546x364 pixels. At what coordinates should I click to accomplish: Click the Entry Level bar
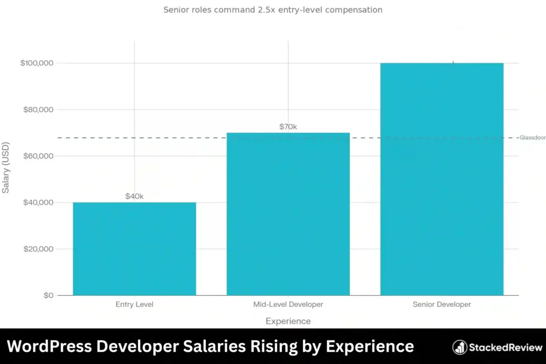click(134, 248)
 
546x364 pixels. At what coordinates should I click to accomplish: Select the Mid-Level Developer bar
click(288, 214)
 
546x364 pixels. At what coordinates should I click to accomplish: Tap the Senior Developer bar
click(441, 179)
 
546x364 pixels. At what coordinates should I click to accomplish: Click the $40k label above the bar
click(134, 196)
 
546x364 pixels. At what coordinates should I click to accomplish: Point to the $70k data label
click(288, 127)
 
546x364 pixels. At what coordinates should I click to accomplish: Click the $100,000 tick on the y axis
click(37, 63)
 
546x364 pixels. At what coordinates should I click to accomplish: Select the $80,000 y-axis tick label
click(37, 110)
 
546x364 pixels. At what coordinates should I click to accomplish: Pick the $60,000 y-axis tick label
click(37, 156)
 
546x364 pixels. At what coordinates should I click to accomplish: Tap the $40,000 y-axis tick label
click(37, 203)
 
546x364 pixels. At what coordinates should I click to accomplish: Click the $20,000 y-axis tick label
click(37, 249)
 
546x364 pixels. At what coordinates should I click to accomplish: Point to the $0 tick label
click(48, 295)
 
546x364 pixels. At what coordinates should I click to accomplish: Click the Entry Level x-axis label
click(134, 305)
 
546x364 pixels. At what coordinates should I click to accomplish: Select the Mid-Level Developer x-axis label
click(288, 305)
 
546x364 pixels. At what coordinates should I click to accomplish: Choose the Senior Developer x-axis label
click(441, 305)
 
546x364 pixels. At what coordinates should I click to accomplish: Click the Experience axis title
click(288, 321)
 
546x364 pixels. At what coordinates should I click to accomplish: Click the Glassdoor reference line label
click(532, 137)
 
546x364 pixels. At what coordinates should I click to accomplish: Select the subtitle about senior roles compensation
click(272, 10)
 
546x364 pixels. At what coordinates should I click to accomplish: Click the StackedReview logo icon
click(460, 347)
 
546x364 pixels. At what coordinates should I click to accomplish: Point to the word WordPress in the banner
click(49, 346)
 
